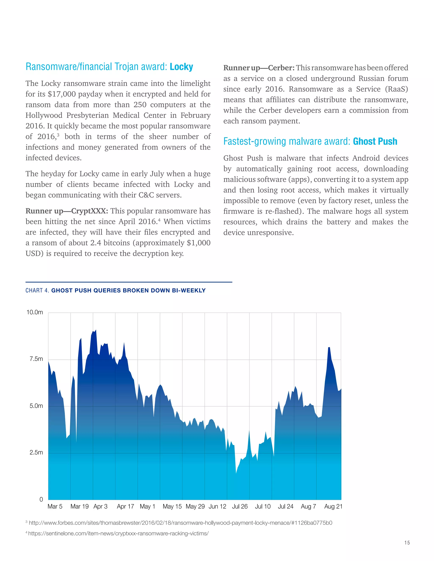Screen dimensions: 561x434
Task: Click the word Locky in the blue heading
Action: click(x=181, y=67)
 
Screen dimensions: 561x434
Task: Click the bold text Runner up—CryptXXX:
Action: click(x=67, y=211)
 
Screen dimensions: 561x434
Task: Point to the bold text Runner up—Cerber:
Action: click(x=259, y=68)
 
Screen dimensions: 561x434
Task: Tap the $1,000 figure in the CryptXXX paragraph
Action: click(x=199, y=243)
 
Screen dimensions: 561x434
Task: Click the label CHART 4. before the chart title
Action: click(x=37, y=290)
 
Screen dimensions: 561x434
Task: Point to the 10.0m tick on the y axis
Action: click(x=35, y=312)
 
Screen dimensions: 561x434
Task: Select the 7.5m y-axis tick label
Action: click(x=36, y=359)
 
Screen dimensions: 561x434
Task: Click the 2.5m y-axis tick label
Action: click(x=36, y=453)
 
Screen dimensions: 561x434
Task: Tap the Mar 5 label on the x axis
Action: click(x=55, y=507)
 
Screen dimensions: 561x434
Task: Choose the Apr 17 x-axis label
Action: click(x=125, y=507)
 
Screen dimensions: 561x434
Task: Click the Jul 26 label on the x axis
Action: click(x=240, y=507)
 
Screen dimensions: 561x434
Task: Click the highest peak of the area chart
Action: click(x=96, y=330)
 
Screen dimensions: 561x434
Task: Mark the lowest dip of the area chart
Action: click(x=236, y=473)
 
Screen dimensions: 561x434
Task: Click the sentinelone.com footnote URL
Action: click(x=118, y=533)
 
